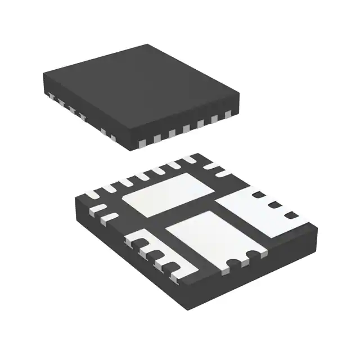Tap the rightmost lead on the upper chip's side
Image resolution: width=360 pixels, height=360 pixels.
coord(228,115)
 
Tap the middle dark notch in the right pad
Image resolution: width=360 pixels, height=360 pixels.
coord(274,205)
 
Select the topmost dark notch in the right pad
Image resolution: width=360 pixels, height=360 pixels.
coord(259,195)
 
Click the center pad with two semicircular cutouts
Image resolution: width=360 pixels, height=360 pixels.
coord(208,236)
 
